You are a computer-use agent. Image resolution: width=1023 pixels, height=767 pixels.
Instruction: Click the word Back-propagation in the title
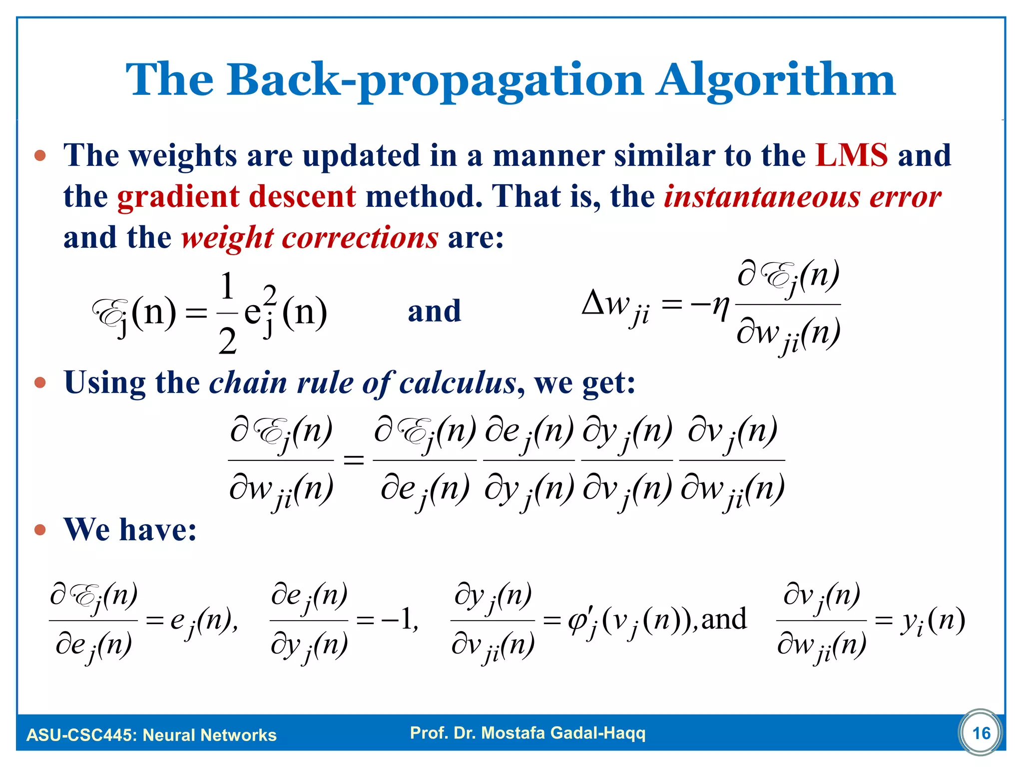click(x=435, y=80)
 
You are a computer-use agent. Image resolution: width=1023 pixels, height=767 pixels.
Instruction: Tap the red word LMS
click(x=852, y=155)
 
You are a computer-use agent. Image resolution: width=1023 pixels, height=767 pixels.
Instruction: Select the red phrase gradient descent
click(x=236, y=196)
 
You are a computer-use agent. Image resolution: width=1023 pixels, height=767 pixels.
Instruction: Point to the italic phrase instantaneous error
click(x=802, y=196)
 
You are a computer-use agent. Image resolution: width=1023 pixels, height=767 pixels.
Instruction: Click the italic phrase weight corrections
click(x=310, y=237)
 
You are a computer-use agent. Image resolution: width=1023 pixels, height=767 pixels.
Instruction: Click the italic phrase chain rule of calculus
click(x=362, y=383)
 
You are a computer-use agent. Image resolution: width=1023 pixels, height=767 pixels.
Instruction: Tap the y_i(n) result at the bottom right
click(x=932, y=622)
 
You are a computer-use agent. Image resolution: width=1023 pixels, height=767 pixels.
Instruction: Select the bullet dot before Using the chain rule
click(x=40, y=383)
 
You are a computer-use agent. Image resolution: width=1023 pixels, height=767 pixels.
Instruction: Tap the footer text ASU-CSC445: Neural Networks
click(x=151, y=735)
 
